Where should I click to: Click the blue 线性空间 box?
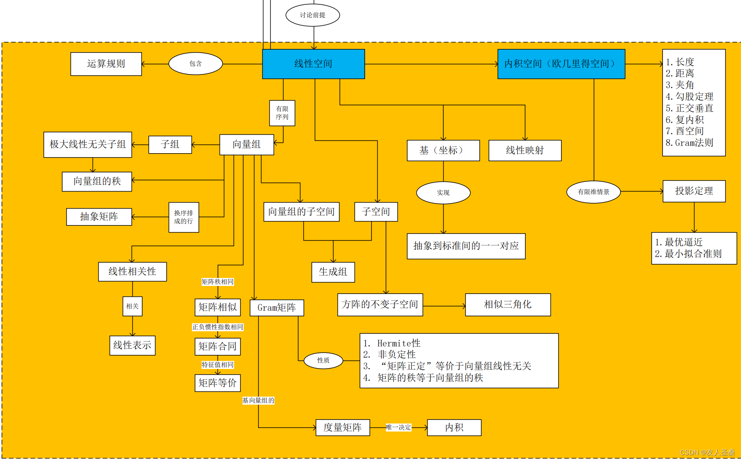click(313, 64)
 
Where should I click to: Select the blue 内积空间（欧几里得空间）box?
click(561, 64)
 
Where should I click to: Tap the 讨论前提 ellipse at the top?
click(313, 15)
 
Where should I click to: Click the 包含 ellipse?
click(196, 64)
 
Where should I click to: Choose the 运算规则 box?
click(106, 64)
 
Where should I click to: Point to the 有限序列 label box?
click(282, 113)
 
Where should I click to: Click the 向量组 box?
click(246, 144)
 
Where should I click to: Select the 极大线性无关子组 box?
click(88, 144)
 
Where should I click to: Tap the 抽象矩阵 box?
click(99, 217)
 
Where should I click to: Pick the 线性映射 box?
click(525, 150)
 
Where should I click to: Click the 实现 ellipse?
click(443, 193)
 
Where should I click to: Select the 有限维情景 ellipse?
click(594, 192)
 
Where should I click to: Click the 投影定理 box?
click(694, 191)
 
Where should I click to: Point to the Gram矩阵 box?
click(277, 308)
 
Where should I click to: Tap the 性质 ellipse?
click(323, 361)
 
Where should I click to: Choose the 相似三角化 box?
click(508, 304)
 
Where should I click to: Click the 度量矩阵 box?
click(343, 428)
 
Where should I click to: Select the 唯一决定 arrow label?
click(398, 428)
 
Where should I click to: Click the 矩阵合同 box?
click(218, 347)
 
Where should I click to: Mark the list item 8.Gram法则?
click(689, 143)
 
